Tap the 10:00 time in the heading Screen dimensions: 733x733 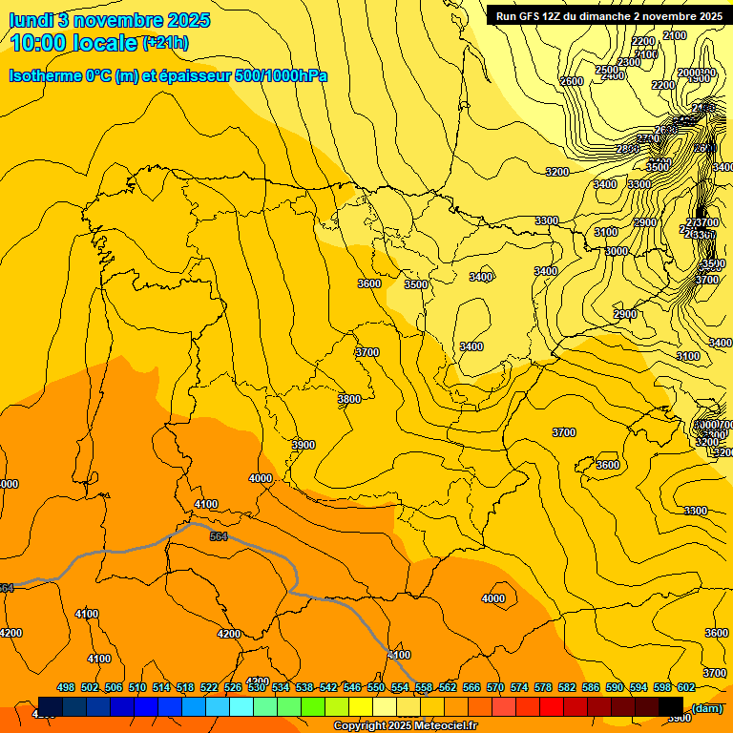[43, 43]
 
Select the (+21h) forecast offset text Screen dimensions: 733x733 [164, 43]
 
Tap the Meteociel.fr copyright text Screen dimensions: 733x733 [405, 726]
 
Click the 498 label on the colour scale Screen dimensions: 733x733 [66, 687]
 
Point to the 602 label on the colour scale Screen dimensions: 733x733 [685, 687]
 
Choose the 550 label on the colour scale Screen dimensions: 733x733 [375, 687]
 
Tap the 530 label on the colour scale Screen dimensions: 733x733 [257, 687]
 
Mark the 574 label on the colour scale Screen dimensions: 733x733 [519, 687]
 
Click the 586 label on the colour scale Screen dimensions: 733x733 [590, 687]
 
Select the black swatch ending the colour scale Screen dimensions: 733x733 [671, 706]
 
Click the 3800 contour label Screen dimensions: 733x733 [349, 399]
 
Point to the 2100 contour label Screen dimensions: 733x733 [674, 35]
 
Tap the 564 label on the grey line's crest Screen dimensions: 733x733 [219, 536]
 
